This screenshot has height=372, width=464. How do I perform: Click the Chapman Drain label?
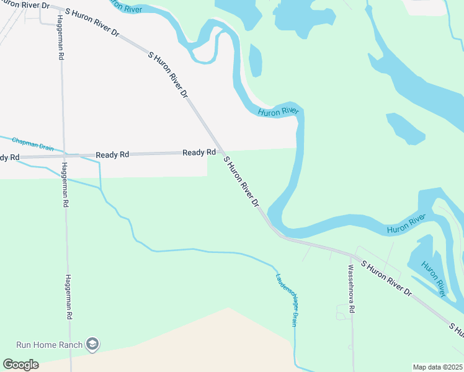[x=32, y=144]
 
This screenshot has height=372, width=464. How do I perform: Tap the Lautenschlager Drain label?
[x=287, y=300]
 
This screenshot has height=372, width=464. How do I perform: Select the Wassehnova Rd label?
[x=351, y=289]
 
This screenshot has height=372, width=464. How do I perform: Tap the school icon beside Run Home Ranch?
[x=92, y=344]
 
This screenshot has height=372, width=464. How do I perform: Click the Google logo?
[x=20, y=365]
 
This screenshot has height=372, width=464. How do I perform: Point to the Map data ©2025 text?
[x=438, y=367]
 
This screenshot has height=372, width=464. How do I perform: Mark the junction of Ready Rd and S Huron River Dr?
[x=218, y=152]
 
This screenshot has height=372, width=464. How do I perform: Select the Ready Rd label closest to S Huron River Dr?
[x=199, y=153]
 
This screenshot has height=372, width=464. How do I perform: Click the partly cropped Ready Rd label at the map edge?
[x=9, y=157]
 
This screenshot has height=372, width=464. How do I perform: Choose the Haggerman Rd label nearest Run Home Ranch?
[x=67, y=298]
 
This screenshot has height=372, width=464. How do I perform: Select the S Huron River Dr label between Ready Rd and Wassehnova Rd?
[x=241, y=182]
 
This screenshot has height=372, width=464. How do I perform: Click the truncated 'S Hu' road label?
[x=457, y=329]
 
